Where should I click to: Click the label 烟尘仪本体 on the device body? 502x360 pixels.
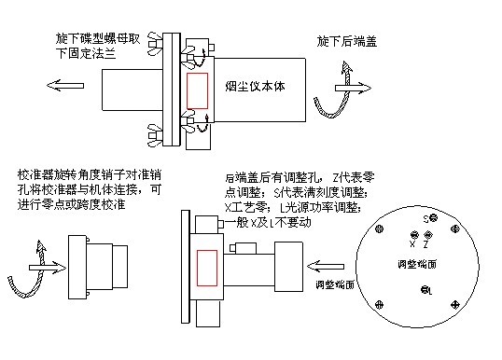255,87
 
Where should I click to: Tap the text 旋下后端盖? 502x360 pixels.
347,42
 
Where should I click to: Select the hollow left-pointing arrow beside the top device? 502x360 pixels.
65,86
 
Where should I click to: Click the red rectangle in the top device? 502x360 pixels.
197,90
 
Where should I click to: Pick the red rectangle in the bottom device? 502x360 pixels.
207,268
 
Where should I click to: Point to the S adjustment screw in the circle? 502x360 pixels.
434,218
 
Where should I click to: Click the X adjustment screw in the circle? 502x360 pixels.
414,235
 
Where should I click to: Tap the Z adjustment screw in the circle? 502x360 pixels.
428,235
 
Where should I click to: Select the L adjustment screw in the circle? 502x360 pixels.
425,290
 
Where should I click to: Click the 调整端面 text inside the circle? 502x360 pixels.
417,264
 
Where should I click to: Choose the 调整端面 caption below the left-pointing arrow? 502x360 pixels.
335,284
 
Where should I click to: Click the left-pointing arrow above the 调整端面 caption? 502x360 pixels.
326,266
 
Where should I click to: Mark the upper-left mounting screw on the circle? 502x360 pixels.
380,228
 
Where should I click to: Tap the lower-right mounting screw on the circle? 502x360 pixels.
455,305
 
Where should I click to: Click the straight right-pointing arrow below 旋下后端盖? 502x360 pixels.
353,88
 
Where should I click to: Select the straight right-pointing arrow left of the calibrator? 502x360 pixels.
48,268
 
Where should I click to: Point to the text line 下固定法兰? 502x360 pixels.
86,53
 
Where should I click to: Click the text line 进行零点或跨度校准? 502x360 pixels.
71,204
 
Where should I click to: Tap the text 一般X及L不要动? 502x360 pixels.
268,222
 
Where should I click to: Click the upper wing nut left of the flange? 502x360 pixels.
155,43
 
